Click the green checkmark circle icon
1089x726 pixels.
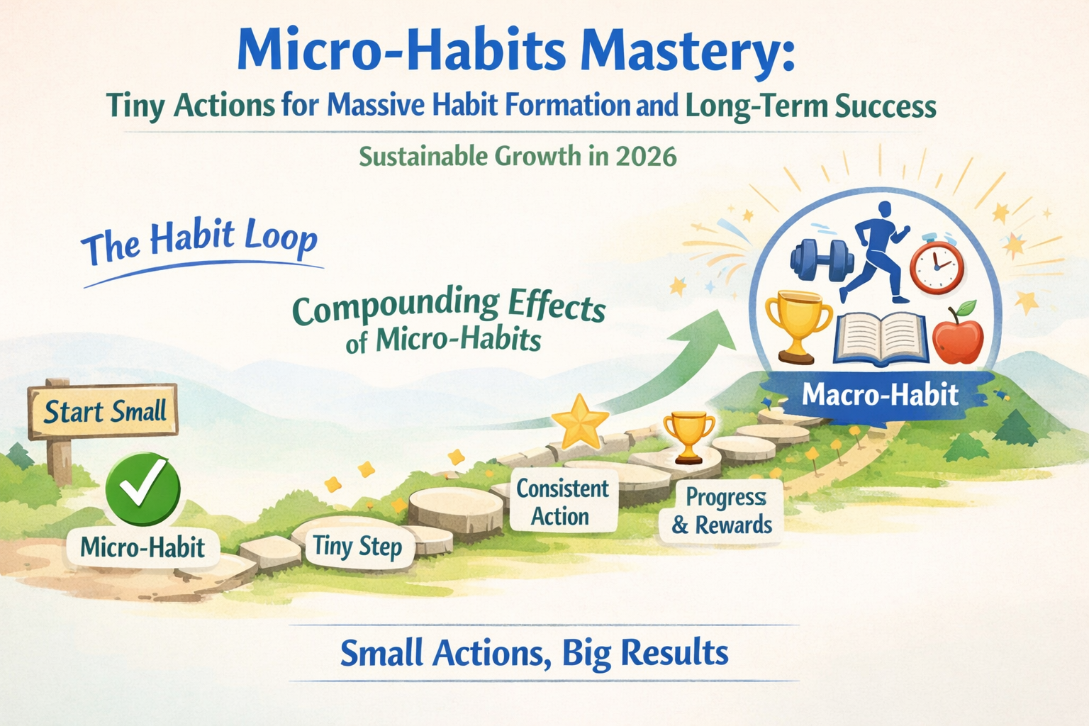tap(143, 490)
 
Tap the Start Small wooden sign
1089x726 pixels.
tap(104, 411)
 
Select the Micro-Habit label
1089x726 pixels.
tap(143, 547)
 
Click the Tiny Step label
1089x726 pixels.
tap(357, 547)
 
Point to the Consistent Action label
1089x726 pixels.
tap(562, 502)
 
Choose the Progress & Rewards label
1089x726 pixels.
tap(722, 511)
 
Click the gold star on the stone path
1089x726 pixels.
tap(580, 421)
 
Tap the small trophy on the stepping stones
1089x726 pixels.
tap(688, 435)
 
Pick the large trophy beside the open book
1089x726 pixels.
tap(798, 325)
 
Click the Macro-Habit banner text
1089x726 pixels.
tap(880, 394)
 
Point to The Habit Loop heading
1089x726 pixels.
tap(199, 242)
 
